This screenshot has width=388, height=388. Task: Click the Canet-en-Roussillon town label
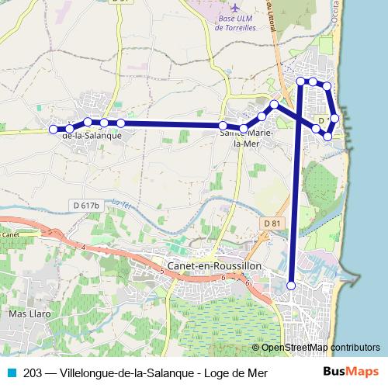pyautogui.click(x=215, y=265)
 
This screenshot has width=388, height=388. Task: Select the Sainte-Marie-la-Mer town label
pyautogui.click(x=247, y=138)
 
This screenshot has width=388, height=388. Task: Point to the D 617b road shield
pyautogui.click(x=85, y=205)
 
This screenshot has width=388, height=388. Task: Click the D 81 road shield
pyautogui.click(x=271, y=223)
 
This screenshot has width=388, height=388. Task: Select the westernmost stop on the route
pyautogui.click(x=54, y=130)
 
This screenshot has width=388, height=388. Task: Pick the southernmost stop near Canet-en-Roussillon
pyautogui.click(x=292, y=286)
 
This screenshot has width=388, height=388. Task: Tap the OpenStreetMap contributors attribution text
pyautogui.click(x=321, y=348)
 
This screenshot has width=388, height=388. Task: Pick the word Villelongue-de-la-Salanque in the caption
pyautogui.click(x=127, y=373)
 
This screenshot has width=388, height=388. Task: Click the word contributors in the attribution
pyautogui.click(x=354, y=348)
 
